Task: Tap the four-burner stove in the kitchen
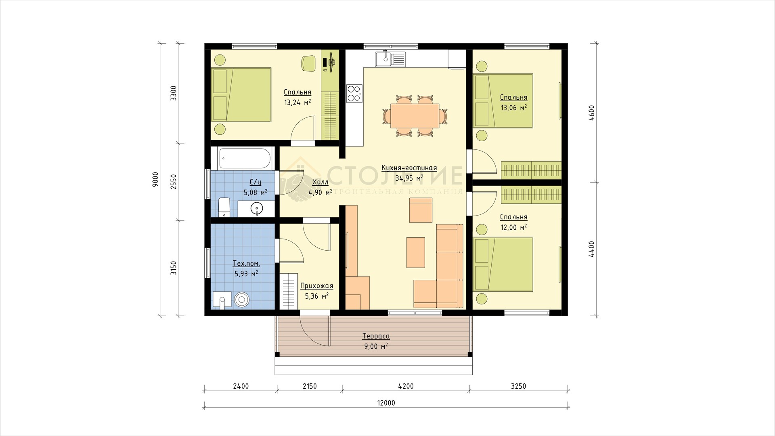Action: pos(354,93)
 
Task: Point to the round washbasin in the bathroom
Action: pos(257,209)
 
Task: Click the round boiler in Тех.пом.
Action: pos(242,299)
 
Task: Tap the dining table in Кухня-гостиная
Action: pos(415,115)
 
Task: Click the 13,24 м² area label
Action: pos(297,103)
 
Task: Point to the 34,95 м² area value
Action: pos(409,178)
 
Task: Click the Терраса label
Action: pos(376,336)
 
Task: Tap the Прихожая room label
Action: pos(317,286)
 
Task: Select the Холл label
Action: pos(320,182)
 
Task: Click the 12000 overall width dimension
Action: pos(387,403)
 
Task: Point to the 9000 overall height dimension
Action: pos(157,179)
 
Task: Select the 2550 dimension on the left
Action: pos(173,182)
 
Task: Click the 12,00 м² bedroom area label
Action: pos(513,228)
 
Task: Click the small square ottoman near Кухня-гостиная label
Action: pos(421,210)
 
